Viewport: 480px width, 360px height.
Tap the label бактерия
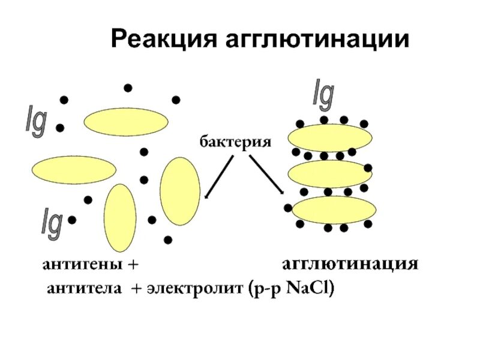236,142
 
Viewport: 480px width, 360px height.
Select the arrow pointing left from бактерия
220,176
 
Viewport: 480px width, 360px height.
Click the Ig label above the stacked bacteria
324,94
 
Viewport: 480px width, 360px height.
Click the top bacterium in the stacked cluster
327,137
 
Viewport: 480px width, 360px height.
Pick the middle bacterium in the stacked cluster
329,174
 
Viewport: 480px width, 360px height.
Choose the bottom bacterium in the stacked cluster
334,209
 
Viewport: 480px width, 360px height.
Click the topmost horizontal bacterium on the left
125,122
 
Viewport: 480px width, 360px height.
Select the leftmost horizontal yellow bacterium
73,169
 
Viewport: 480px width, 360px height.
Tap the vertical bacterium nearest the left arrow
180,191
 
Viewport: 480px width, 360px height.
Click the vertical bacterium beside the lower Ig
120,217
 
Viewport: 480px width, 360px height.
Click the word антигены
83,264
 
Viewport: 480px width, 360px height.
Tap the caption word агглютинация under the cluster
350,264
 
